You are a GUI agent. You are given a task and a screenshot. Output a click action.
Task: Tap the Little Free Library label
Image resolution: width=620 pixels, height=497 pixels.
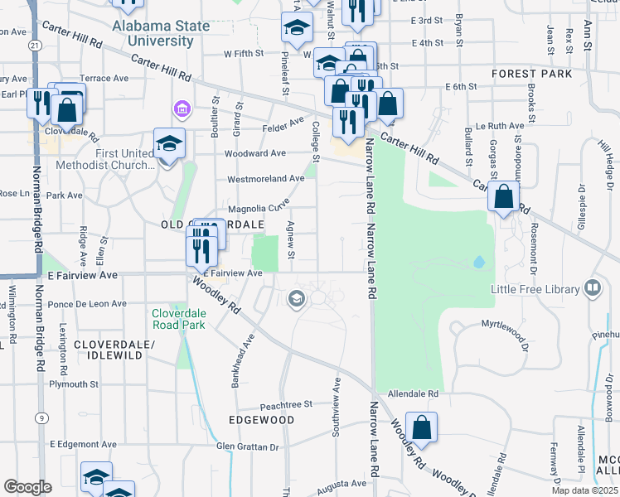(x=538, y=288)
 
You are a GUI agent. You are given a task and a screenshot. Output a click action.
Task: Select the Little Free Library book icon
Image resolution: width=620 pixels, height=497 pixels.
(x=592, y=288)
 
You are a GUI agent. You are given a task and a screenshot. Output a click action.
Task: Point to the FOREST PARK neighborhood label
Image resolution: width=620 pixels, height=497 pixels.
(x=531, y=74)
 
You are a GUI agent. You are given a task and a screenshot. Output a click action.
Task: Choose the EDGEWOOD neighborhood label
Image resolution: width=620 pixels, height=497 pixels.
(x=261, y=420)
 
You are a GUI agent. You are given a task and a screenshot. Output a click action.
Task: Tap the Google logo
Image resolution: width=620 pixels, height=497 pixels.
(x=27, y=486)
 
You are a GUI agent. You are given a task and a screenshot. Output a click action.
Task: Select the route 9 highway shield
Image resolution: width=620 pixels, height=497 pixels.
(x=40, y=419)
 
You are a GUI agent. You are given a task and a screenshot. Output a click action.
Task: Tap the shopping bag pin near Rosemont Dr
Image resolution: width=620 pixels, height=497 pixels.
(x=503, y=198)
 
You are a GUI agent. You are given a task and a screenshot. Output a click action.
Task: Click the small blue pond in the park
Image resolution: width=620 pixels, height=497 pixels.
(x=479, y=263)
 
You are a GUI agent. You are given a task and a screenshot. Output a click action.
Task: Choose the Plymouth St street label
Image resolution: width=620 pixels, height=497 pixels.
(x=74, y=384)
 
